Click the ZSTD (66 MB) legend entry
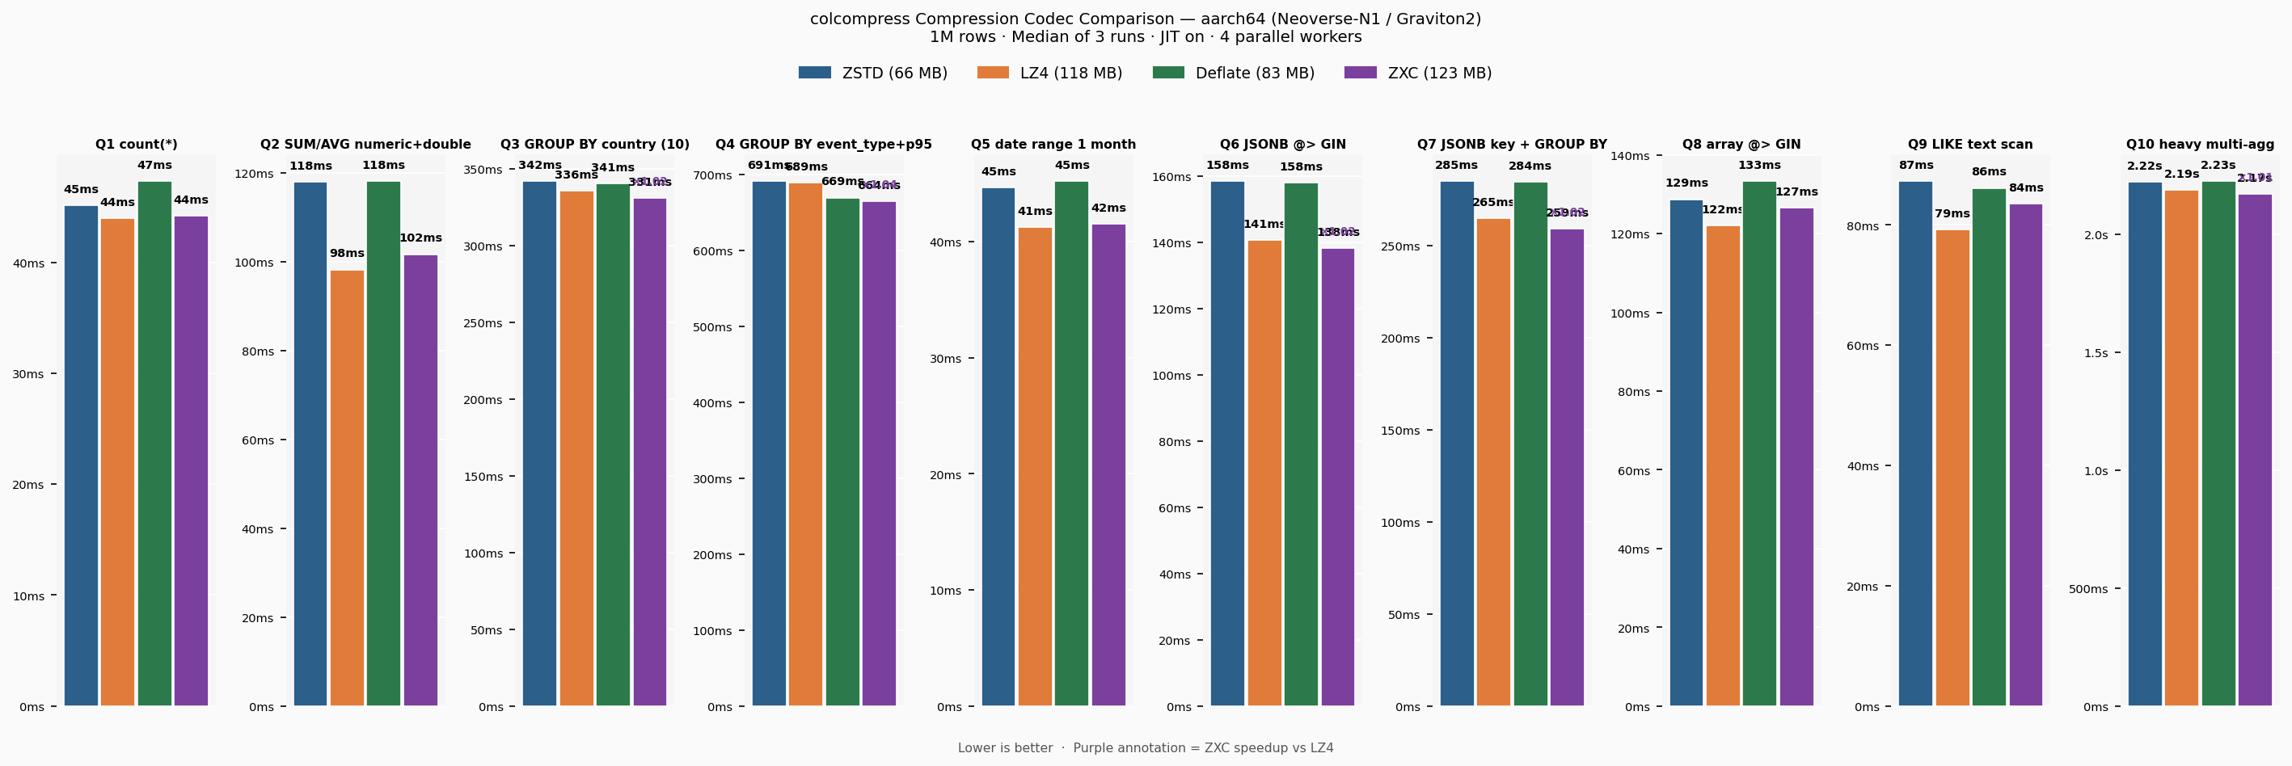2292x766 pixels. click(872, 73)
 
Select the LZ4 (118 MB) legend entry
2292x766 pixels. click(1050, 73)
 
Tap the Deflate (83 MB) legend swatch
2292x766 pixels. click(1168, 73)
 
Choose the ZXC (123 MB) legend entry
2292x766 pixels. click(1418, 73)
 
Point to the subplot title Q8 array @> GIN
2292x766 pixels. click(1741, 144)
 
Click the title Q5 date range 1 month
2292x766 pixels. click(1053, 144)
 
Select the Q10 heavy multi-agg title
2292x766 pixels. click(2200, 144)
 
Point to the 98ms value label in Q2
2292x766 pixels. click(347, 254)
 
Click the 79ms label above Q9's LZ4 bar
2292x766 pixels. click(1952, 213)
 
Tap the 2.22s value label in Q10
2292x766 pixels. click(2144, 166)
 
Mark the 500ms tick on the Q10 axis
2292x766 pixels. click(2087, 589)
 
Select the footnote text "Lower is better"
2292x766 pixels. click(1005, 748)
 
